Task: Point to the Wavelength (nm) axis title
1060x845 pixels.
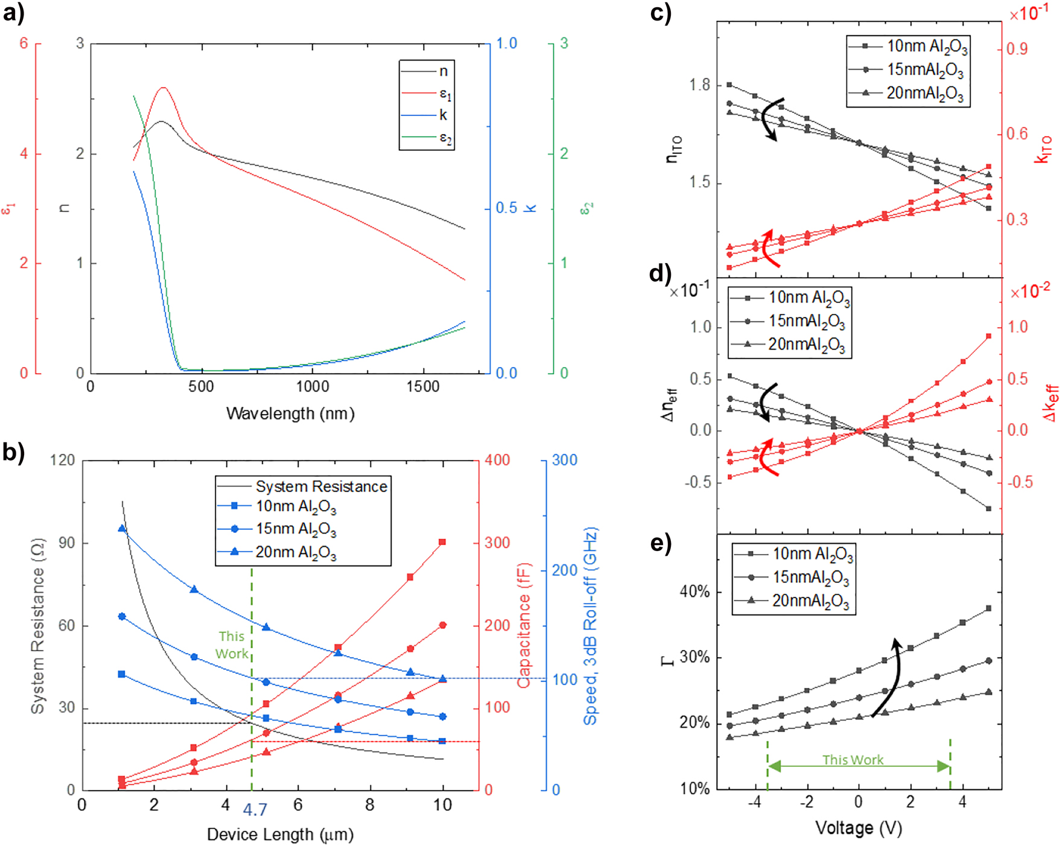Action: coord(290,414)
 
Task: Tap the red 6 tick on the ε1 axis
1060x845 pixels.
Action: coord(24,43)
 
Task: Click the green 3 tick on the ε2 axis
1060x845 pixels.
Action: coord(563,43)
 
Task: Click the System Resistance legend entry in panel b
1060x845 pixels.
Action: coord(320,486)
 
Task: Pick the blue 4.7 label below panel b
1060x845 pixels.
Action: coord(255,809)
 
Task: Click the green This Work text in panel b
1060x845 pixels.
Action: coord(232,645)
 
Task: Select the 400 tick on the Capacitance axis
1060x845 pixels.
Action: coord(497,461)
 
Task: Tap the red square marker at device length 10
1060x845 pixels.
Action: coord(443,542)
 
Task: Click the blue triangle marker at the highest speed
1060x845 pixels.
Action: coord(122,529)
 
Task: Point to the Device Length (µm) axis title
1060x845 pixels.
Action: coord(280,835)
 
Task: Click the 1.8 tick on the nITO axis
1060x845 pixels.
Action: coord(700,85)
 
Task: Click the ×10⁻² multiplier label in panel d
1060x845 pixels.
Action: coord(1030,292)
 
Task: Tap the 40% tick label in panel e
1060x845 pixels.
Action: coord(694,592)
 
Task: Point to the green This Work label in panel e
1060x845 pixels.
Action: coord(852,760)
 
